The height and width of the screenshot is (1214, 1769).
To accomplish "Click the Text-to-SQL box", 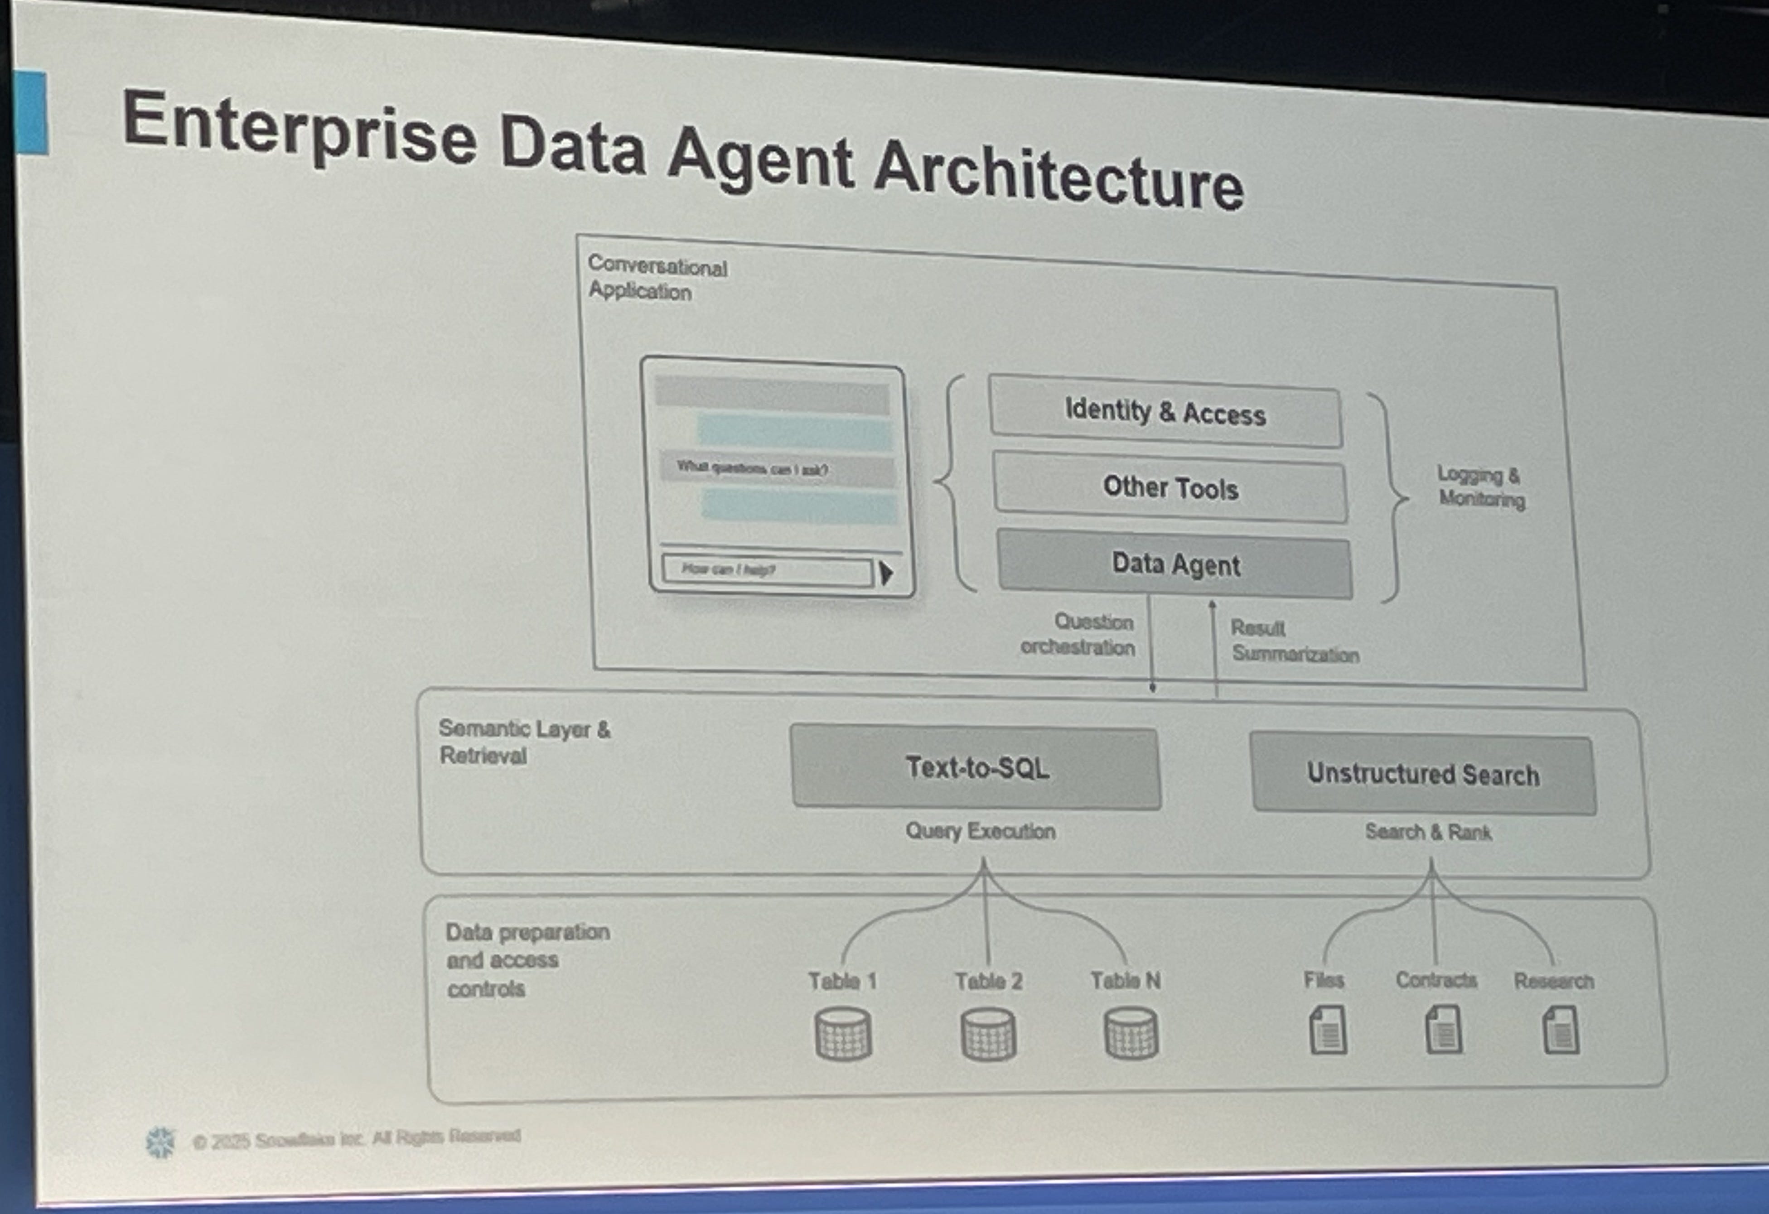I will click(x=976, y=767).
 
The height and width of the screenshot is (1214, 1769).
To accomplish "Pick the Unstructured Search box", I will click(x=1423, y=774).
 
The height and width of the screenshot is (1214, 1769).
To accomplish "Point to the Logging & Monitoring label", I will click(x=1480, y=487).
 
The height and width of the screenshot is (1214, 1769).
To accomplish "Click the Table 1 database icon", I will click(x=843, y=1034).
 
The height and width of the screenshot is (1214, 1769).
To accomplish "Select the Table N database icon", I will click(x=1131, y=1034).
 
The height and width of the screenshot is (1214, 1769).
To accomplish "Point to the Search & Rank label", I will click(x=1428, y=832).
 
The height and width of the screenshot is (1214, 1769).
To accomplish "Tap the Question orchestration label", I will click(x=1078, y=634).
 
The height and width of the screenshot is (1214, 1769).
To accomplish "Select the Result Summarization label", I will click(x=1294, y=641).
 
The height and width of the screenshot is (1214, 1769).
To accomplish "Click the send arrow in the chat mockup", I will click(x=885, y=573).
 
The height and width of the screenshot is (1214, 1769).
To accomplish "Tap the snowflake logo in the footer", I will click(x=160, y=1142).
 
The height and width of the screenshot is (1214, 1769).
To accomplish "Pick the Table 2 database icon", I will click(x=988, y=1034).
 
